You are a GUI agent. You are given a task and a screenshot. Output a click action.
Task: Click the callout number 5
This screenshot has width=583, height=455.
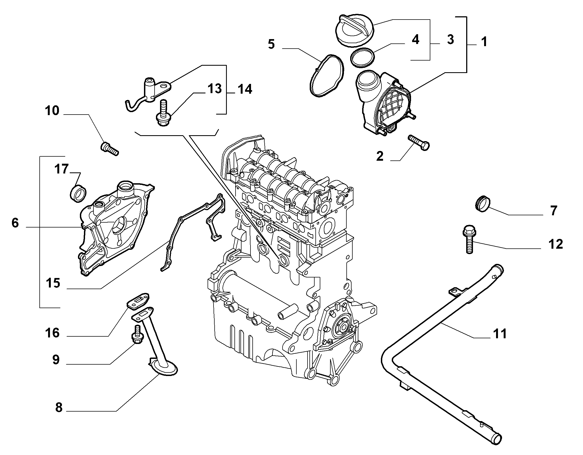click(271, 44)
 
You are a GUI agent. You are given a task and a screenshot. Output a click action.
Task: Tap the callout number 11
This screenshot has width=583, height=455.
click(500, 334)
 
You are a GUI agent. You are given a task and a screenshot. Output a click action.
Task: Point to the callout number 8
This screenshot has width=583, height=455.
click(59, 407)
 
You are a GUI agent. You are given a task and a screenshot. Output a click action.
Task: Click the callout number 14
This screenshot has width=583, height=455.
click(245, 89)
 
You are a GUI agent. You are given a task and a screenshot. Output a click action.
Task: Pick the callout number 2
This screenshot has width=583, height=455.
click(380, 156)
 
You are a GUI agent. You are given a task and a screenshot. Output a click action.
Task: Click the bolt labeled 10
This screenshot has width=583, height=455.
click(109, 148)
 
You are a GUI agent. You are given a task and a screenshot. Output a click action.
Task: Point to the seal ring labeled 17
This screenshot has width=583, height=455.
click(78, 193)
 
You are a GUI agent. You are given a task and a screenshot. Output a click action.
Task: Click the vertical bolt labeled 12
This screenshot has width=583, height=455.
click(468, 239)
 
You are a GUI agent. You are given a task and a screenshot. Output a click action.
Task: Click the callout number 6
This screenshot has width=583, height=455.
click(15, 223)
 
